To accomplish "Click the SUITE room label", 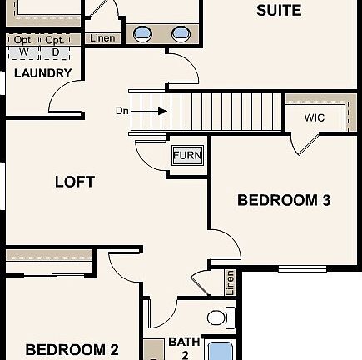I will coord(279,11).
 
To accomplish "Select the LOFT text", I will coord(75,181).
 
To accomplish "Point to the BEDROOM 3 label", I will coord(284,200).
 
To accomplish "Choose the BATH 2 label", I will coord(184,347).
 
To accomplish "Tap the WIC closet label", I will coord(314,117).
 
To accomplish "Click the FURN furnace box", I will coord(186,155).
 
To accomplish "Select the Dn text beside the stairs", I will coord(122,111).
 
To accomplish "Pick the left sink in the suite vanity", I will coord(143,34).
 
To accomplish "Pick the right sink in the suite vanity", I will coord(181,34).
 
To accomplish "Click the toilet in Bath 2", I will coord(217,317).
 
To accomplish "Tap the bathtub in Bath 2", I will coord(221,350).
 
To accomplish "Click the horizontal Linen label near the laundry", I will coord(102,38).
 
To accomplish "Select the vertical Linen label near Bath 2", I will coord(230,282).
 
